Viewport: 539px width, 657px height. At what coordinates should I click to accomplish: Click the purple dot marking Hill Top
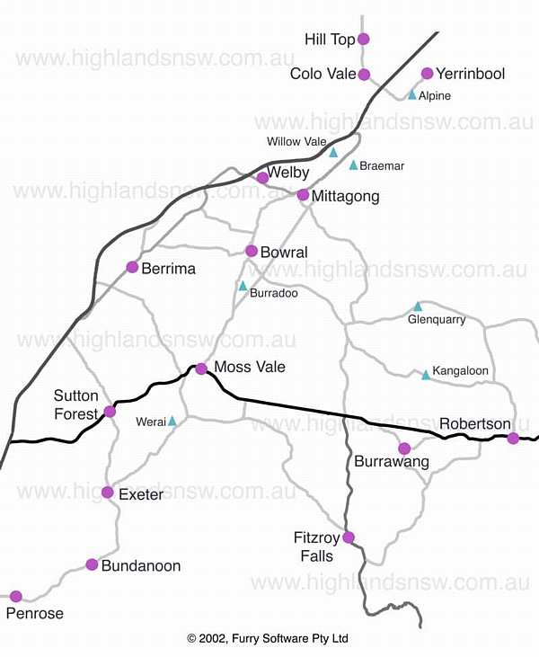364,39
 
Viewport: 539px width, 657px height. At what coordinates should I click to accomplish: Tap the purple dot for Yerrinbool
428,74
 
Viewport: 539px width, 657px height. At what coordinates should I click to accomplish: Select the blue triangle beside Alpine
412,94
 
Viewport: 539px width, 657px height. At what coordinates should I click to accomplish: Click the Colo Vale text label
323,75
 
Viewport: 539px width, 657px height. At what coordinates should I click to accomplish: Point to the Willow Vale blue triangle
333,153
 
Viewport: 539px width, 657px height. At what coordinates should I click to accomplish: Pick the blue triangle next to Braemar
354,165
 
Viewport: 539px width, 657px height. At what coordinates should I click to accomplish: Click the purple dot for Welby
262,178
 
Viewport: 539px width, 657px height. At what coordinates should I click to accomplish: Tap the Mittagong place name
345,196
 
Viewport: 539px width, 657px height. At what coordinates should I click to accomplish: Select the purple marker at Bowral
252,251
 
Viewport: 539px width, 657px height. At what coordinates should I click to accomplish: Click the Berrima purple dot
133,267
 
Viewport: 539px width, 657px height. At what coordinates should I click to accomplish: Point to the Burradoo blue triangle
243,286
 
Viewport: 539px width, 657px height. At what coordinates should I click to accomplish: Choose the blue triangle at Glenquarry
418,306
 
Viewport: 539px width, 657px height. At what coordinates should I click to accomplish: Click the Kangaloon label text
460,371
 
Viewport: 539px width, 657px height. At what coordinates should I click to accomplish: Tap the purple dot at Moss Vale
201,368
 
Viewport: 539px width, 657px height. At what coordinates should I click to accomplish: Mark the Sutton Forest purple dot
110,412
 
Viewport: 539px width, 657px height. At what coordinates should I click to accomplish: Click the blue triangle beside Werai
172,421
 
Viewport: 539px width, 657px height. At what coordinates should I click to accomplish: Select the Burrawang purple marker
404,448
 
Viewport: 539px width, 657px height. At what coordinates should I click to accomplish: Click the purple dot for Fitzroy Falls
349,537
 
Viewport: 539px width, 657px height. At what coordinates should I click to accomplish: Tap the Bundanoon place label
141,566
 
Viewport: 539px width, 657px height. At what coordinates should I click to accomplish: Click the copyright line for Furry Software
268,639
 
